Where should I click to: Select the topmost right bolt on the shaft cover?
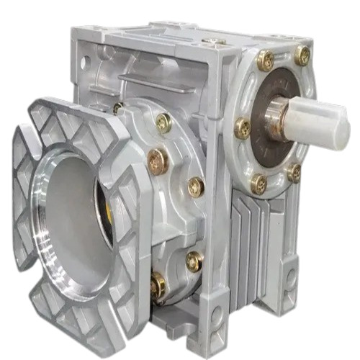pyautogui.click(x=302, y=55)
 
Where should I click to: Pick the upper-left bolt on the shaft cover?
pyautogui.click(x=265, y=62)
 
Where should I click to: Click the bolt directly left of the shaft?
pyautogui.click(x=243, y=128)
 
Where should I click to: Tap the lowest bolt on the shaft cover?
pyautogui.click(x=259, y=184)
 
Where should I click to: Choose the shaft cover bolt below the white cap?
pyautogui.click(x=294, y=172)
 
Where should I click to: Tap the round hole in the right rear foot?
pyautogui.click(x=291, y=276)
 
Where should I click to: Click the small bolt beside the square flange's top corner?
pyautogui.click(x=117, y=108)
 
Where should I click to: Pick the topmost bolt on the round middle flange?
pyautogui.click(x=163, y=123)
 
